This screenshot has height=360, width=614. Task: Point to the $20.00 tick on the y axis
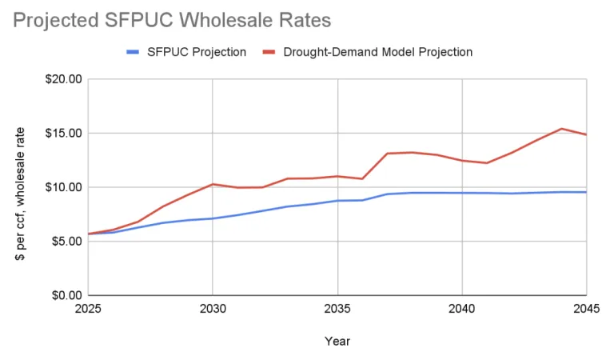tap(64, 79)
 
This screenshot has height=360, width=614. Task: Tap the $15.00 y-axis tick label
tap(64, 133)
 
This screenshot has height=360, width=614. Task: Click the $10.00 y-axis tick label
tap(64, 187)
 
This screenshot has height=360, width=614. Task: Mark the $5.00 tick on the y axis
tap(67, 241)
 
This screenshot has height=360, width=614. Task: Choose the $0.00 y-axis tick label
tap(67, 295)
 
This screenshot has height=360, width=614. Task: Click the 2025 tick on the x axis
tap(88, 308)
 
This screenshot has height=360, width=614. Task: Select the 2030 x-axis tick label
tap(213, 308)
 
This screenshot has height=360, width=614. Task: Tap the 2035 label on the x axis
tap(337, 308)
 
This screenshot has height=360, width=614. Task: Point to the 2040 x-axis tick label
tap(462, 308)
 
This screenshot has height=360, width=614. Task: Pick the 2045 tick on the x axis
tap(585, 308)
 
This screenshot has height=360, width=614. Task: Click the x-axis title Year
tap(337, 342)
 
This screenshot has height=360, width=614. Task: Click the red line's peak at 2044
tap(561, 129)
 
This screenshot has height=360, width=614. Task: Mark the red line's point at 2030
tap(213, 184)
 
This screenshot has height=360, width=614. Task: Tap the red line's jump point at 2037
tap(387, 154)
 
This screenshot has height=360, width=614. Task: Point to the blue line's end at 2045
tap(586, 192)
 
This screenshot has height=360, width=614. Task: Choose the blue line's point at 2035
tap(337, 201)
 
